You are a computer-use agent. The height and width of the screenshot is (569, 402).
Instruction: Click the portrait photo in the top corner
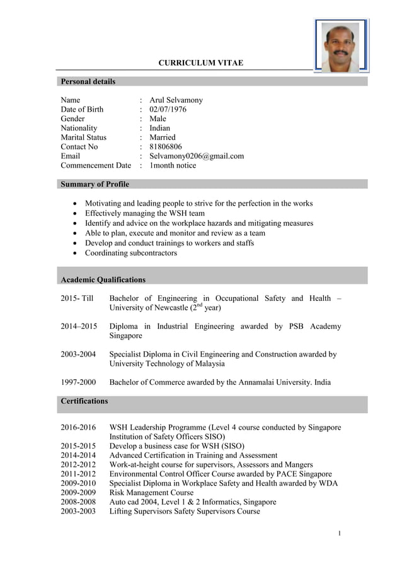[x=341, y=45]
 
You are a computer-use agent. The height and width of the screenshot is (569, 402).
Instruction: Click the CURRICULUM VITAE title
[x=200, y=63]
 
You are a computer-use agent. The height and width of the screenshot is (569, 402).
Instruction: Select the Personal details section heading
[x=88, y=81]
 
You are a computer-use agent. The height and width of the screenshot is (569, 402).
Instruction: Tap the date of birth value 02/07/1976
[x=168, y=109]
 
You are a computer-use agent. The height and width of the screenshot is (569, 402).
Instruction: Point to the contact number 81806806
[x=165, y=146]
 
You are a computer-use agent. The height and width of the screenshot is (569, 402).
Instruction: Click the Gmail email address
[x=196, y=156]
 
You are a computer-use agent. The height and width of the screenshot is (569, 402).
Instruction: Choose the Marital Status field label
[x=83, y=137]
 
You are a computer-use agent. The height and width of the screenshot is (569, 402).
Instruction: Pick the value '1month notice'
[x=173, y=165]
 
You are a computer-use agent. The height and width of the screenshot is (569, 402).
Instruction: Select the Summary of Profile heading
[x=95, y=184]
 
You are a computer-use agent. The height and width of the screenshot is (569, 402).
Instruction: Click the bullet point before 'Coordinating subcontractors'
[x=76, y=253]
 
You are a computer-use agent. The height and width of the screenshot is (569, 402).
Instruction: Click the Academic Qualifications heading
[x=103, y=279]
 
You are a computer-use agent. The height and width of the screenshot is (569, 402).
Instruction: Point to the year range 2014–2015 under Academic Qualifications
[x=79, y=326]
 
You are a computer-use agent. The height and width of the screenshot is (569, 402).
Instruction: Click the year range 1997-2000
[x=78, y=382]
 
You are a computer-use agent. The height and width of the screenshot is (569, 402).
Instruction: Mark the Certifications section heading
[x=84, y=401]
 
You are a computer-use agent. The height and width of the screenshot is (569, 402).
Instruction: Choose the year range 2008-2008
[x=78, y=502]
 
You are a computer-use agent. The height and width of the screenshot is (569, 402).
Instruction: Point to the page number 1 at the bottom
[x=339, y=534]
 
